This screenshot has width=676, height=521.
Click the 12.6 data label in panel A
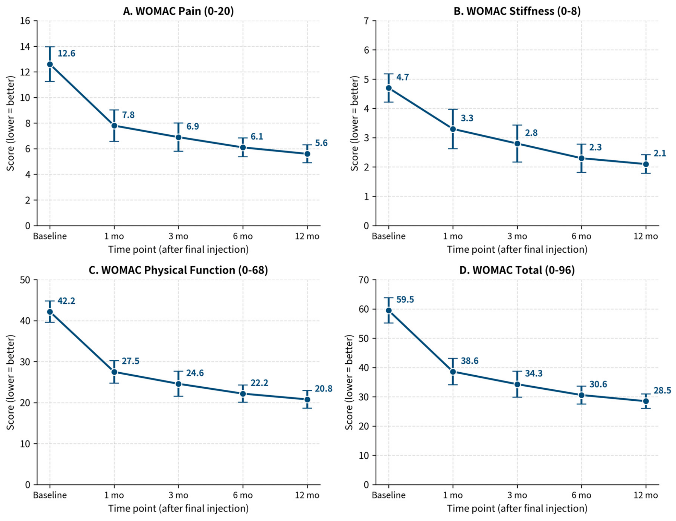(66, 53)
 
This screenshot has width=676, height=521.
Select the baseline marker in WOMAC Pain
(50, 64)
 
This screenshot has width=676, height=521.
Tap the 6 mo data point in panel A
(243, 147)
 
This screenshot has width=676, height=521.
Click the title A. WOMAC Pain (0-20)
(178, 11)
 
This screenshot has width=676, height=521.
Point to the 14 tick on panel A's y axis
(25, 47)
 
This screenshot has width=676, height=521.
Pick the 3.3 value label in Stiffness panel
(467, 118)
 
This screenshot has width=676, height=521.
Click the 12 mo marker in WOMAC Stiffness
(646, 164)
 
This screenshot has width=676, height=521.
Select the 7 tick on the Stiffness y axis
(366, 21)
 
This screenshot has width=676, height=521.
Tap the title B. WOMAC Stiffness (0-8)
(517, 11)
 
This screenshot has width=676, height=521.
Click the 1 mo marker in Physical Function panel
(114, 372)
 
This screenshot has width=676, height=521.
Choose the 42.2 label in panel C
(66, 301)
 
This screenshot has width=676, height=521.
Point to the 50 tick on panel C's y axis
(25, 280)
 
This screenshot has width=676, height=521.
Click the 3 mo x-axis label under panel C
(178, 495)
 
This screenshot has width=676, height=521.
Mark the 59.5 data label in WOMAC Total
(405, 300)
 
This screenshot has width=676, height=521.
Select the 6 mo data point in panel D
(581, 395)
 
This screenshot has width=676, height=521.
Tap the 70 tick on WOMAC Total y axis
(364, 280)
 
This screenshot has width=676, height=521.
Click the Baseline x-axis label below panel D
(389, 495)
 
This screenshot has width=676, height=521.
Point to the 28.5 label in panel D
(662, 391)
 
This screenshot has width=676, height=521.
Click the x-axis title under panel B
(517, 250)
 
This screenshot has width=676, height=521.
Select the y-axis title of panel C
(11, 382)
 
